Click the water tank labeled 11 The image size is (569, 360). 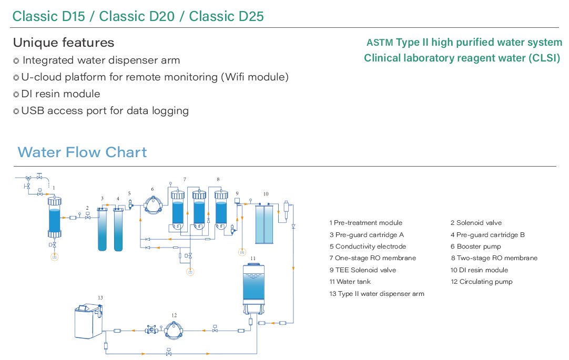(253, 289)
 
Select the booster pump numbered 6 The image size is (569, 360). (153, 205)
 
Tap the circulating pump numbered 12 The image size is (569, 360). (174, 330)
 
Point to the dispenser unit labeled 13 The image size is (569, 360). (88, 321)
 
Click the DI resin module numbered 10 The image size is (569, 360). (264, 223)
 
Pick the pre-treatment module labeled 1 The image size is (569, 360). (55, 217)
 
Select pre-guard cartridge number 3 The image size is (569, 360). (103, 229)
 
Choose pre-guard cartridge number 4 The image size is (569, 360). (118, 229)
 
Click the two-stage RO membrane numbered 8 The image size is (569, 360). (221, 210)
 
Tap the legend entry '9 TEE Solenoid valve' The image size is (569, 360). (362, 270)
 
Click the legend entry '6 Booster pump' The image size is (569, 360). (475, 246)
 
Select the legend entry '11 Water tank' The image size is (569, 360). (350, 282)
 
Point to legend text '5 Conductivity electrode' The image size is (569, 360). (368, 246)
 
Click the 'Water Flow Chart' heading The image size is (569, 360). (82, 152)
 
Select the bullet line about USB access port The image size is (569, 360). (101, 110)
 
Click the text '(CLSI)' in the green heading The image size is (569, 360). (544, 58)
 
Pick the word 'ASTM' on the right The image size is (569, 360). (380, 43)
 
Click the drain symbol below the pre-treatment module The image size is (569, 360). (55, 256)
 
